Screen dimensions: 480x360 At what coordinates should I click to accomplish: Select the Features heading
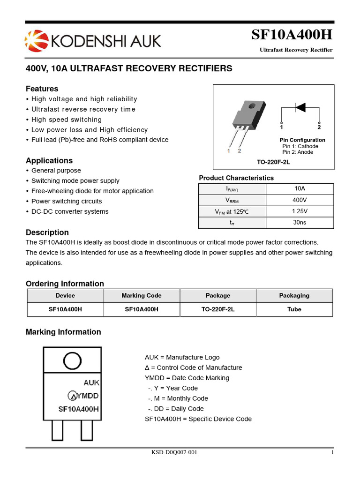pos(42,89)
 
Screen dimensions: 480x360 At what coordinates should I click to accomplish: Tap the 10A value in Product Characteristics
pos(300,188)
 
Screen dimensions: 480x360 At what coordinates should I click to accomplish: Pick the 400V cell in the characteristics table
pos(300,200)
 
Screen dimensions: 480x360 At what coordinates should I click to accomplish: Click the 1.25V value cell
pos(300,211)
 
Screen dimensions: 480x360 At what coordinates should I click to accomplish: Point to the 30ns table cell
pos(300,222)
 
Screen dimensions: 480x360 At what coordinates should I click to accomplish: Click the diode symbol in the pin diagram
pos(300,107)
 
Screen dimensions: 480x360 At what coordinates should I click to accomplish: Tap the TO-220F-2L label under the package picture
pos(273,162)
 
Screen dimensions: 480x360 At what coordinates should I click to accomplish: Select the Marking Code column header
pos(142,295)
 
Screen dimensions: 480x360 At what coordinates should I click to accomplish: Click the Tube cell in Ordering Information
pos(294,309)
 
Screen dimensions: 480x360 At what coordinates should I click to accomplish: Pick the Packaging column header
pos(294,295)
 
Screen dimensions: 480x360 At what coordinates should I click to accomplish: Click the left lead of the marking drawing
pos(57,429)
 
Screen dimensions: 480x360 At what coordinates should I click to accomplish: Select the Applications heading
pos(49,160)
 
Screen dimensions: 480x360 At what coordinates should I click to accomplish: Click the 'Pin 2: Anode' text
pos(298,152)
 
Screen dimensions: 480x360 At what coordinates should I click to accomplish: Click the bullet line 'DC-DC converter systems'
pos(69,211)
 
